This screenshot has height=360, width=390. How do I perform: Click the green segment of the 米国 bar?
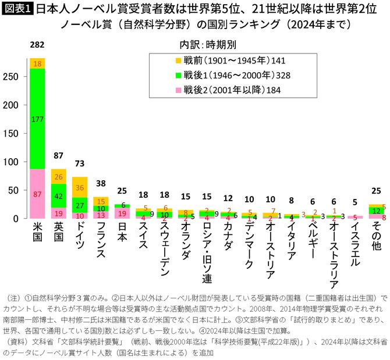tap(37, 119)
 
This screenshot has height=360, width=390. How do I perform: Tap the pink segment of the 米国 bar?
tap(37, 193)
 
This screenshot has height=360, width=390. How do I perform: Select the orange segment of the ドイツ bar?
tap(80, 187)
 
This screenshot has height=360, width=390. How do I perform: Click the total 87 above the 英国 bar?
tap(59, 156)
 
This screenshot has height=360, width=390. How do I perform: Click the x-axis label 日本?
tap(123, 233)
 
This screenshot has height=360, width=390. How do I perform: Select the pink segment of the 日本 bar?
tap(123, 213)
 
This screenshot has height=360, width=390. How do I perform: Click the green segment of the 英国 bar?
tap(59, 196)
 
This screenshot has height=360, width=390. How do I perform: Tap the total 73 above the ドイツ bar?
tap(80, 165)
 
